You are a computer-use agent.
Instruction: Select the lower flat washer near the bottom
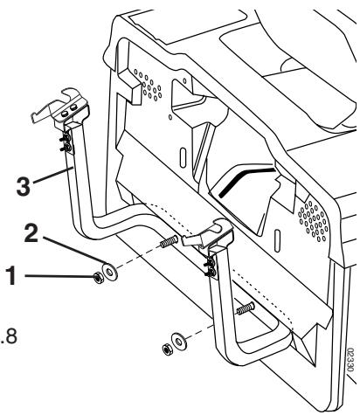click(179, 339)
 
